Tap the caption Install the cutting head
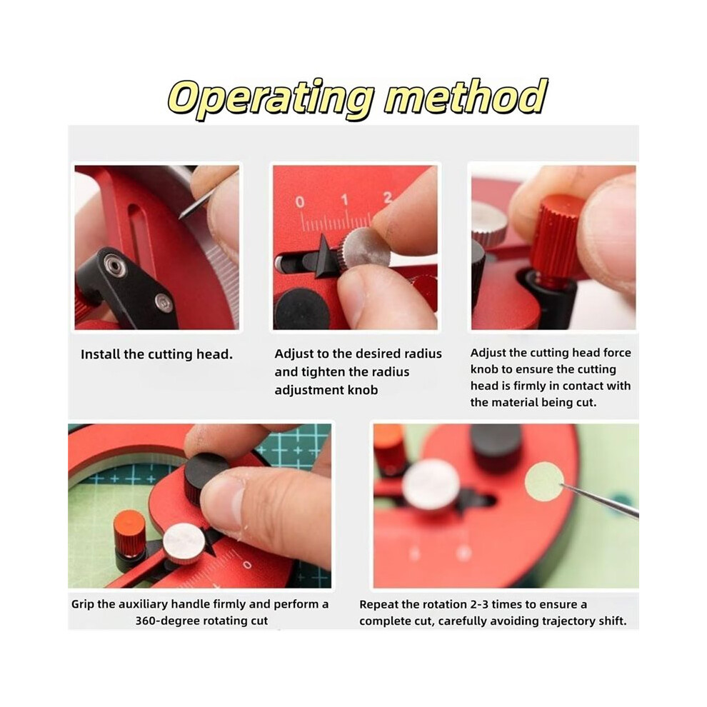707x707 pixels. coord(157,354)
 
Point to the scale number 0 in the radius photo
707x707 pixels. coord(300,201)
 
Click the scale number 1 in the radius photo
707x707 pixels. coord(345,199)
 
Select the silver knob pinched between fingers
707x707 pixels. coord(365,249)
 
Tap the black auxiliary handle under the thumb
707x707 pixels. coord(207,478)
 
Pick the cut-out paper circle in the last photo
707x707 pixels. coord(545,482)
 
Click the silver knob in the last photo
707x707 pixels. coord(431,484)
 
